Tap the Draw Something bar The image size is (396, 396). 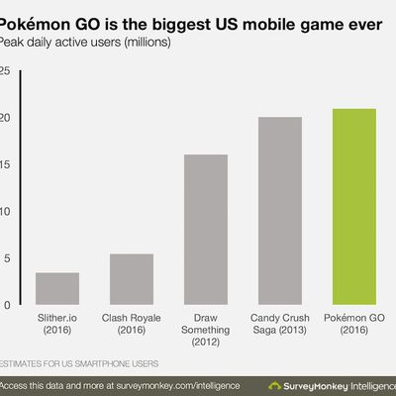click(x=206, y=230)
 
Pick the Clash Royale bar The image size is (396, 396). click(x=132, y=279)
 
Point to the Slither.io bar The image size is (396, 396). click(x=57, y=288)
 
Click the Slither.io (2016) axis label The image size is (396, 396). click(x=57, y=326)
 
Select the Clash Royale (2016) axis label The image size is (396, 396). click(x=132, y=326)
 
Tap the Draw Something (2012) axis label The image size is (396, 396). click(x=206, y=332)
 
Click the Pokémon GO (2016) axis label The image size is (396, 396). click(x=353, y=326)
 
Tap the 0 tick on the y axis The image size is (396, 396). click(x=8, y=305)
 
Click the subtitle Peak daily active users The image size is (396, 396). click(x=84, y=43)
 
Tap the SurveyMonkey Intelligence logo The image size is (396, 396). click(x=332, y=384)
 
